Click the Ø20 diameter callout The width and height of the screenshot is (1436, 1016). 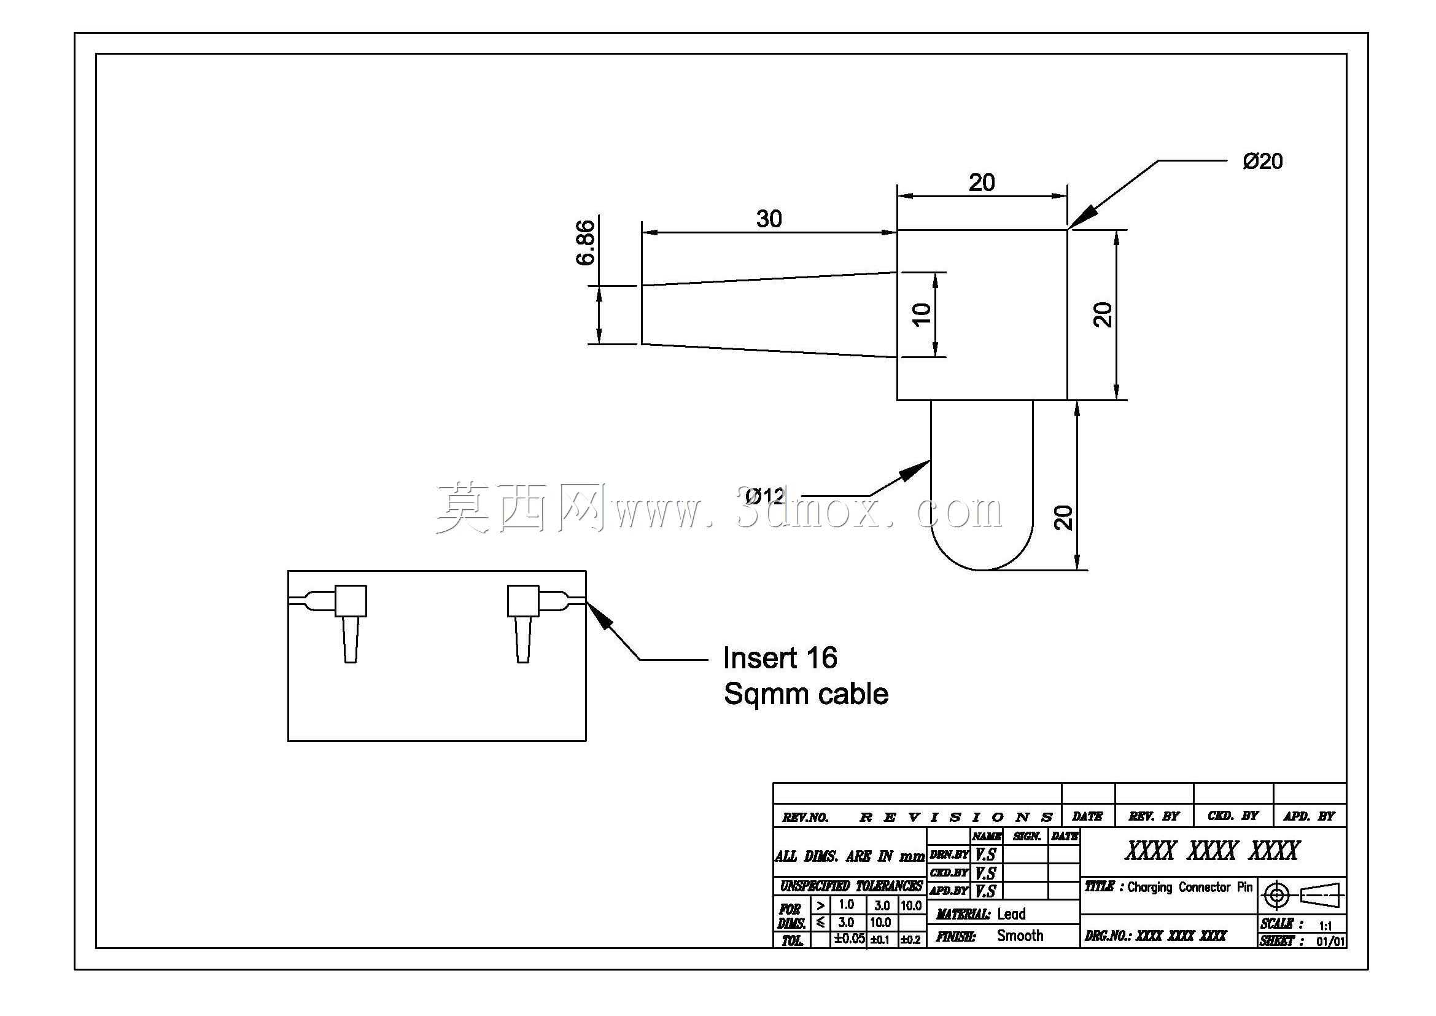pos(1263,162)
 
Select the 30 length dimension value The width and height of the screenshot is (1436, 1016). pos(769,219)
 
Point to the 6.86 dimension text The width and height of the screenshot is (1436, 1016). pos(586,243)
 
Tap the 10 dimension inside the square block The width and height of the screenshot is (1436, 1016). pos(922,314)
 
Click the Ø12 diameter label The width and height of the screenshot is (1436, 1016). pos(765,496)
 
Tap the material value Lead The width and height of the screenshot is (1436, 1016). pos(1011,914)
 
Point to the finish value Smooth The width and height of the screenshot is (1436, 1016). pos(1020,936)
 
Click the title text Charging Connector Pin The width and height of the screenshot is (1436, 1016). pos(1190,887)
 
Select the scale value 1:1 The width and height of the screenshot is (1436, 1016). pos(1325,926)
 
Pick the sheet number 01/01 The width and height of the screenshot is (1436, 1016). pos(1330,942)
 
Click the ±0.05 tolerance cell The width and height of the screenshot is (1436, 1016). pos(849,939)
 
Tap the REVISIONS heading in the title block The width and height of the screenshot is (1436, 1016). pos(957,817)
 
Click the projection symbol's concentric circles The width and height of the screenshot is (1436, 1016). pos(1277,896)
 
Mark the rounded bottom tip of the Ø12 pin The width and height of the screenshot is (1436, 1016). pos(982,570)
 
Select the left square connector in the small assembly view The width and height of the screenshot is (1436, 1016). pos(351,601)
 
